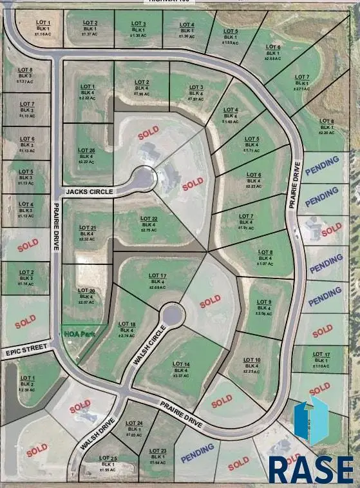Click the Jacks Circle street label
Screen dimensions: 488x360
tap(89, 192)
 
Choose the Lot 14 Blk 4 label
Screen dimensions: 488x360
tap(181, 369)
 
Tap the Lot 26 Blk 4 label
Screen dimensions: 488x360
tap(87, 156)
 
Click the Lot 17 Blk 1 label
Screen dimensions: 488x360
tap(321, 360)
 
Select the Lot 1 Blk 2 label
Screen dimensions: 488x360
tap(27, 384)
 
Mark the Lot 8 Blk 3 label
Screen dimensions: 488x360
tap(25, 75)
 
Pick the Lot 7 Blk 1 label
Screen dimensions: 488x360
tap(302, 83)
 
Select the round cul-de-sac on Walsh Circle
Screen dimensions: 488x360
tap(172, 316)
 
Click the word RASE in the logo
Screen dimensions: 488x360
tap(310, 469)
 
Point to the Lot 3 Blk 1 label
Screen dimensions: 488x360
tap(138, 29)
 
